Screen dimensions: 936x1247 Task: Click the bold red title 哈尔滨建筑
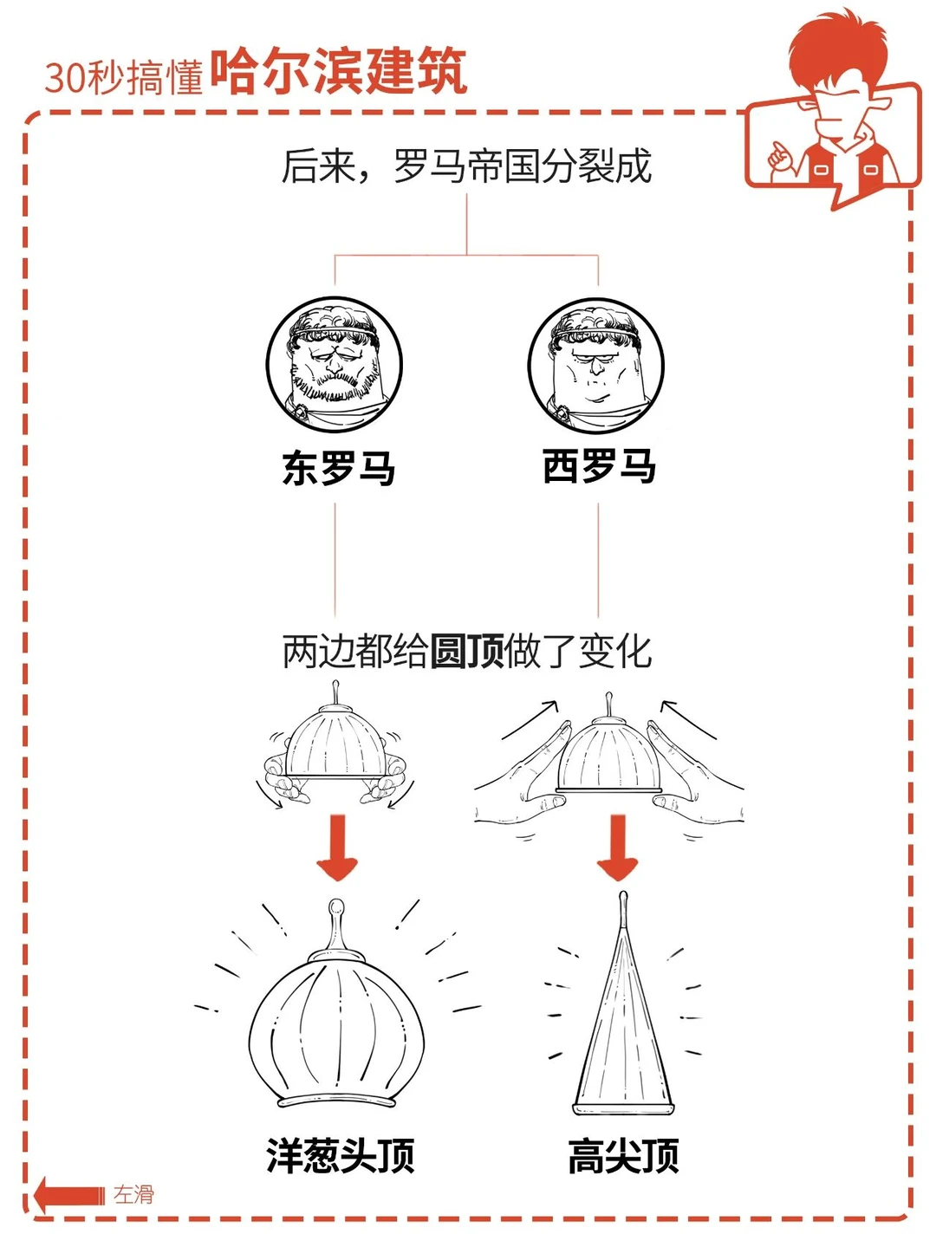[x=339, y=71]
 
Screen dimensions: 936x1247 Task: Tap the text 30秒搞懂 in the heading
[x=124, y=77]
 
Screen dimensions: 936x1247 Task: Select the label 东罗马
[x=339, y=467]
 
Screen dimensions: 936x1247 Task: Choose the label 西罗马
[x=599, y=466]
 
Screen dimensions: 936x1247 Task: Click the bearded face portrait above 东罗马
[x=335, y=364]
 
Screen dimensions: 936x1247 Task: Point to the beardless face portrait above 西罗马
[x=595, y=366]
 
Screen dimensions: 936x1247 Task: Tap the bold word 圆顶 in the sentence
[x=467, y=652]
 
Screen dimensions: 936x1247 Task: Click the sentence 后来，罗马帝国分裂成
[x=466, y=166]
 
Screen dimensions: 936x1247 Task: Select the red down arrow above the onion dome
[x=337, y=848]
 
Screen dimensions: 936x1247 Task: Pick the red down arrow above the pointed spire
[x=618, y=848]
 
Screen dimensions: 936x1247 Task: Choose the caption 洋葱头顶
[x=341, y=1155]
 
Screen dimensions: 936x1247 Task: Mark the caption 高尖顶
[x=624, y=1155]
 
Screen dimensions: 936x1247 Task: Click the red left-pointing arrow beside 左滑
[x=69, y=1195]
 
